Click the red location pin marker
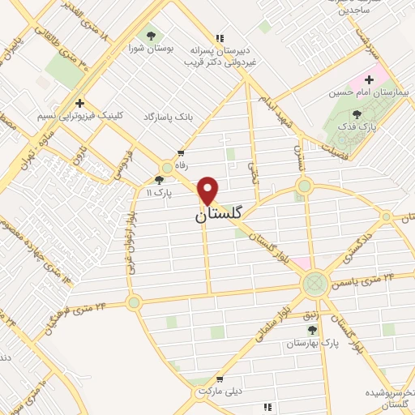[208, 190]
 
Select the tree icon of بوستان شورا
[151, 35]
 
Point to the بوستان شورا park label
[151, 49]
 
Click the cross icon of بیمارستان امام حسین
[370, 79]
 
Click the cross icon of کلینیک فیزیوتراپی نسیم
[79, 103]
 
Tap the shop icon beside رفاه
[181, 152]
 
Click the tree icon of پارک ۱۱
[159, 180]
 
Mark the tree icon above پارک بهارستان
[313, 329]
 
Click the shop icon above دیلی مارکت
[219, 379]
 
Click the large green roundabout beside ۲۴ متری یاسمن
[314, 284]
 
